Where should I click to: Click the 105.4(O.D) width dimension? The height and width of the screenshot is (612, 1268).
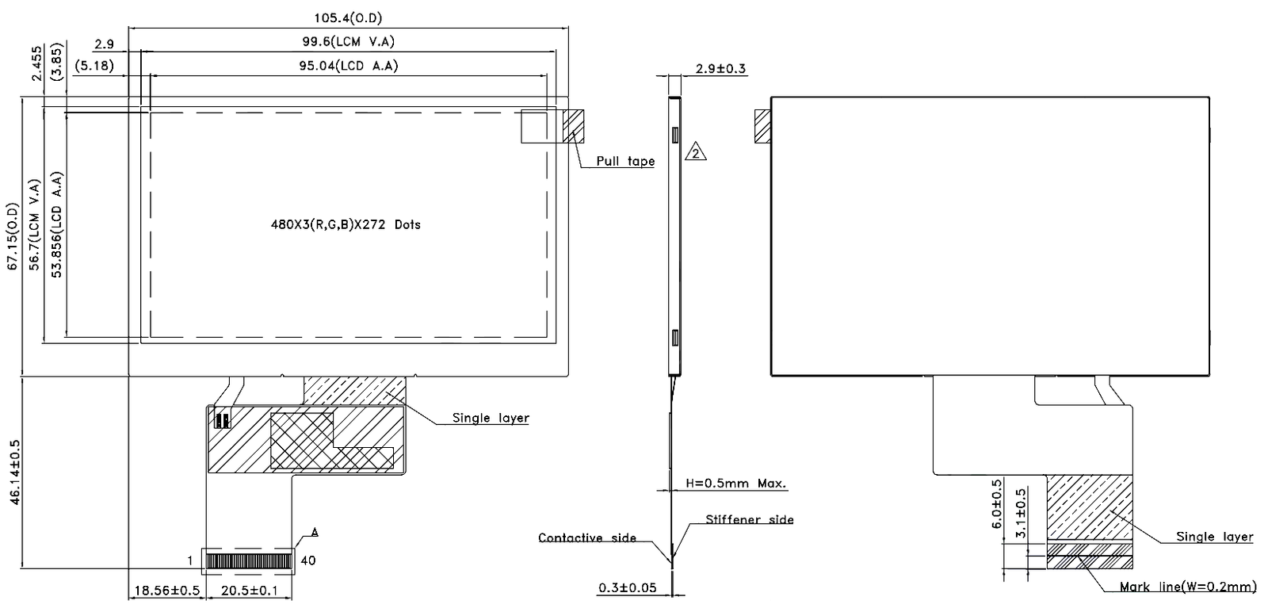[x=348, y=18]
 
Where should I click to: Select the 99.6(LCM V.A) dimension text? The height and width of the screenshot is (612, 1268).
[x=348, y=42]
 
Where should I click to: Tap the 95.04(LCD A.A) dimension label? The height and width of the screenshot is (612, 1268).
[x=348, y=66]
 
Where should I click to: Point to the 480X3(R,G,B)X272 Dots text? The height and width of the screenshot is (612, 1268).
[x=346, y=225]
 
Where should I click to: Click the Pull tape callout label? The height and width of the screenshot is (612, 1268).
[x=625, y=162]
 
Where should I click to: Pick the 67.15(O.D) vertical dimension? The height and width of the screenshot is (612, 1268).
[x=12, y=237]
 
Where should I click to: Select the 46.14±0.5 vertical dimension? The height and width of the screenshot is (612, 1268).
[x=14, y=472]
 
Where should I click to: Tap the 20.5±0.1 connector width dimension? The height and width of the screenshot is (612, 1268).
[x=249, y=591]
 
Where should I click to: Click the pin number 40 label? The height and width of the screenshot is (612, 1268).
[x=308, y=561]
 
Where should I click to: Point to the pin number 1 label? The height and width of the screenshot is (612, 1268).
[x=190, y=561]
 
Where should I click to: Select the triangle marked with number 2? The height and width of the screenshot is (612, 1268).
[x=695, y=151]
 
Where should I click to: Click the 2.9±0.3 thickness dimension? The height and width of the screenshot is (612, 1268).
[x=720, y=69]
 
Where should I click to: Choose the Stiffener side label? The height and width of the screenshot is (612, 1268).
[x=749, y=520]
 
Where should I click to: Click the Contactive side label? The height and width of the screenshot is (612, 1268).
[x=586, y=538]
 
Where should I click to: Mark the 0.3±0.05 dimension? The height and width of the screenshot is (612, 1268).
[x=627, y=587]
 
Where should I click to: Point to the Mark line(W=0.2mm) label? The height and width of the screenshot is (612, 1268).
[x=1188, y=587]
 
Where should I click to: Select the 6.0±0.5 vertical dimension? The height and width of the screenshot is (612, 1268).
[x=997, y=503]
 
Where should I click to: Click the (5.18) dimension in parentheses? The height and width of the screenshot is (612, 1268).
[x=94, y=67]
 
